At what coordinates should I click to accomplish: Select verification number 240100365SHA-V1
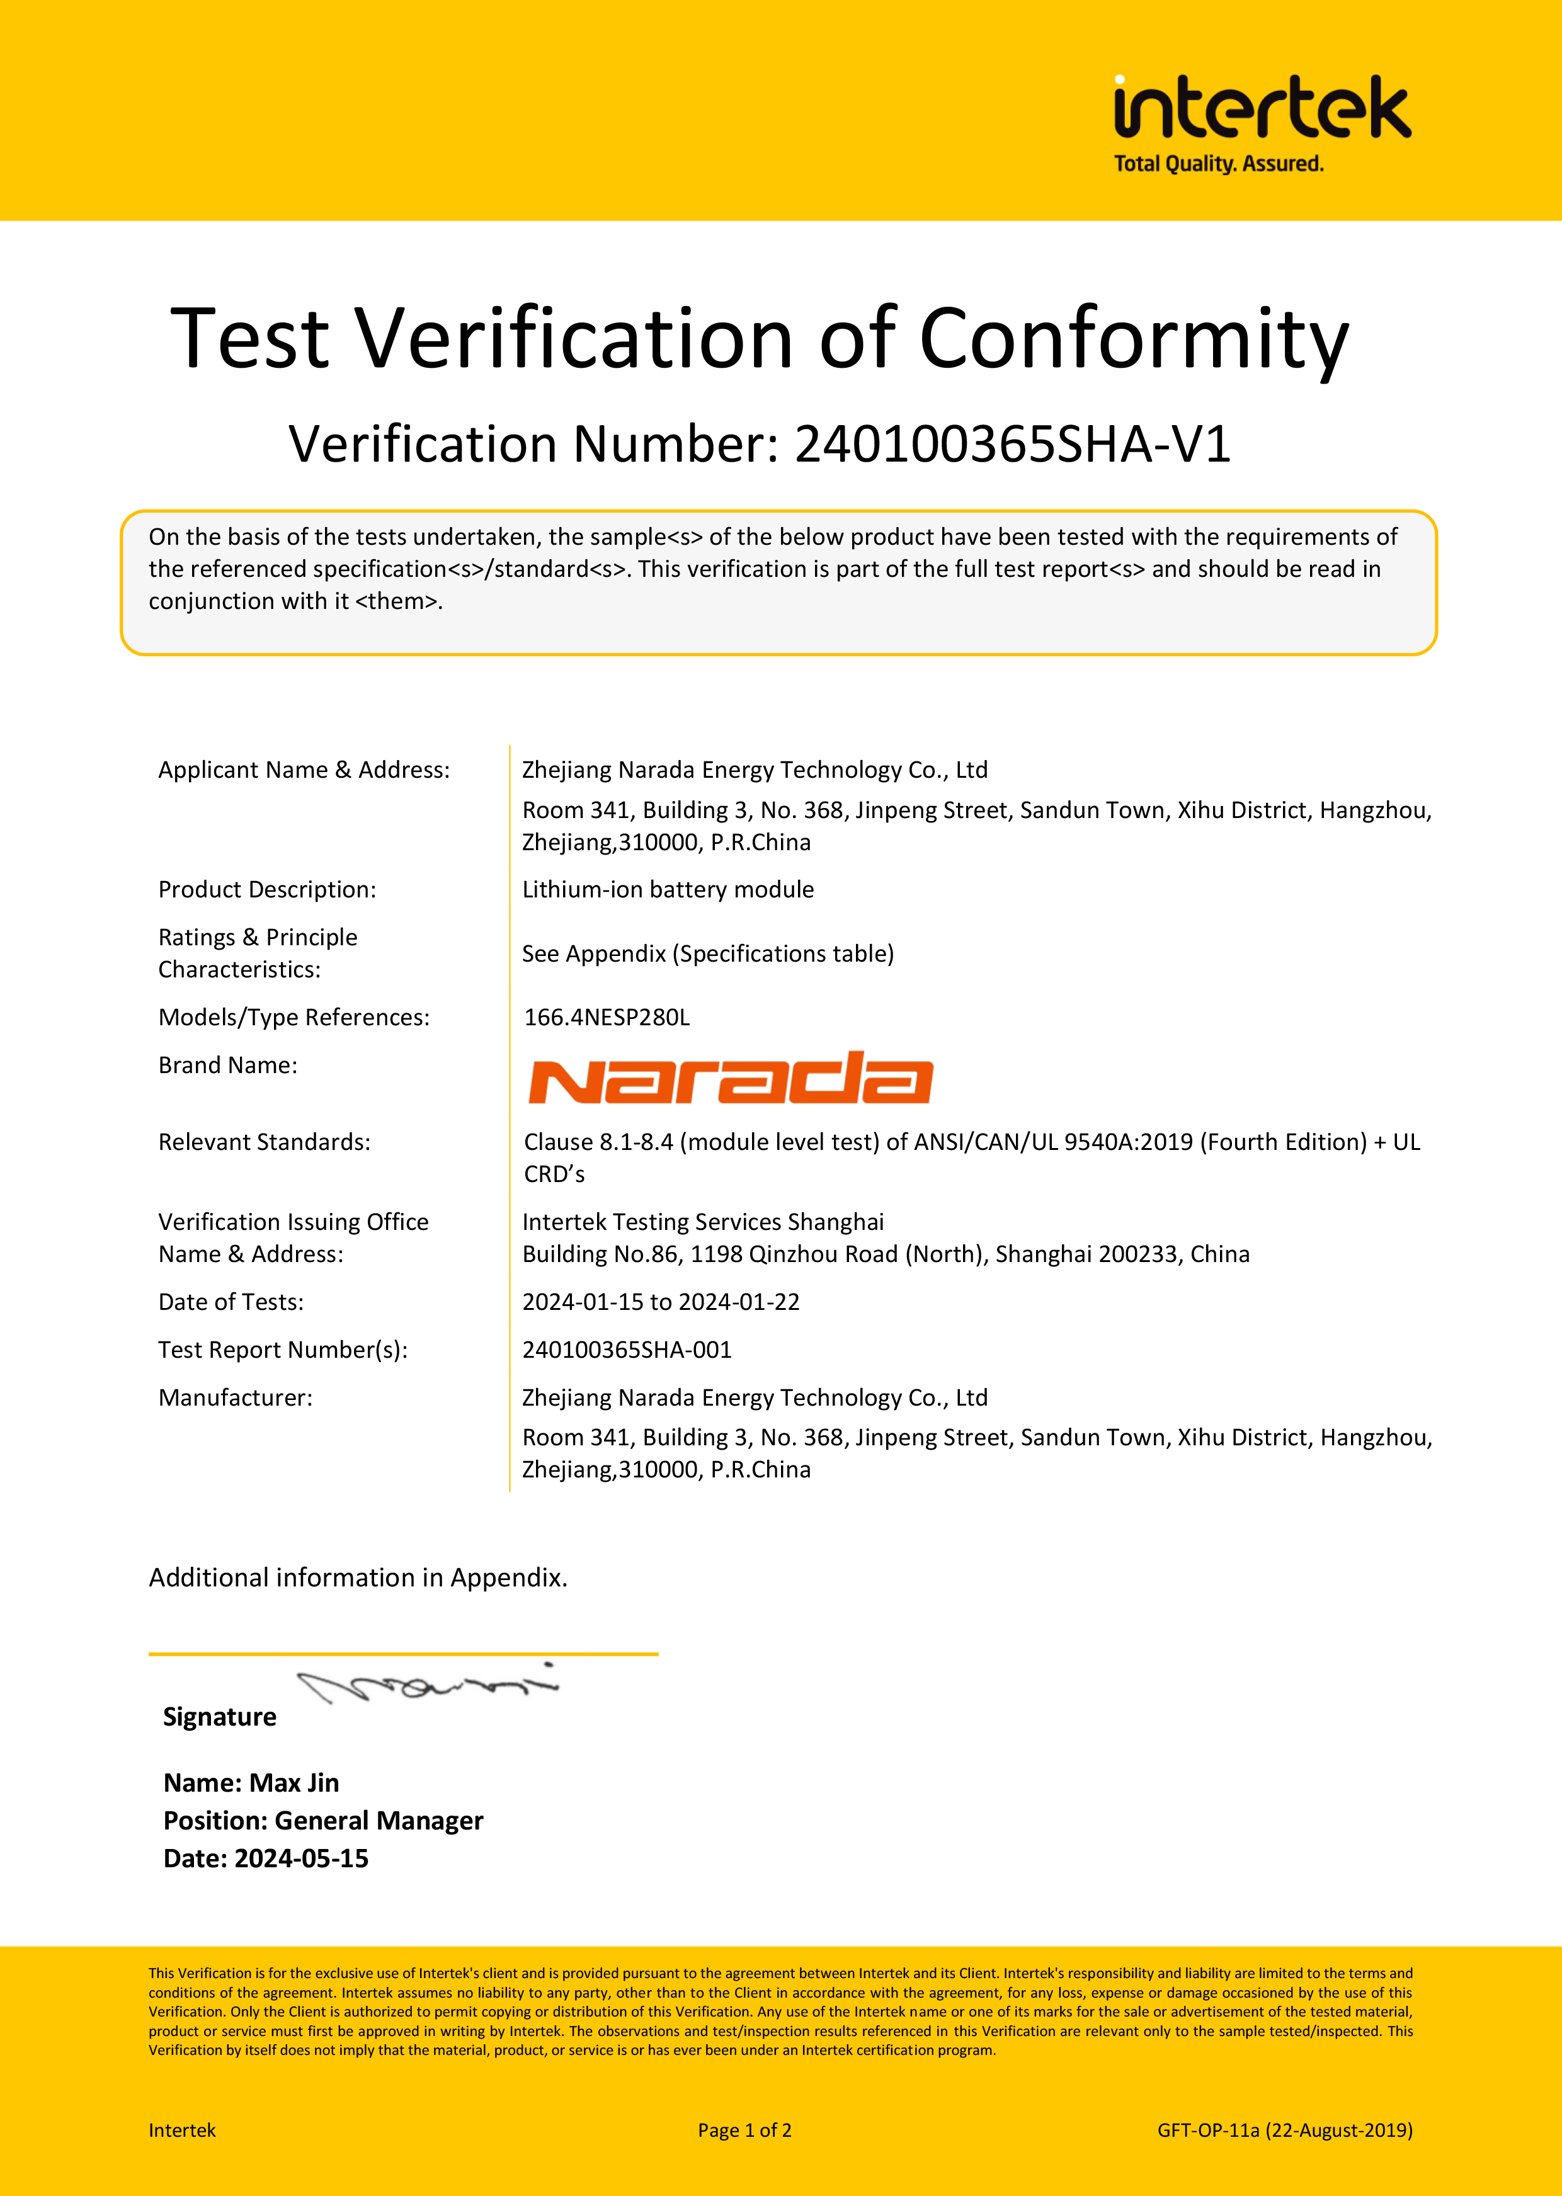click(x=1012, y=444)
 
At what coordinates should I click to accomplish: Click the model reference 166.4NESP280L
click(x=607, y=1017)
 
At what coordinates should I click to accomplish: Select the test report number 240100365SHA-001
click(x=627, y=1350)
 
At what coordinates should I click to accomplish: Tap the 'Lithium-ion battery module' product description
click(x=668, y=889)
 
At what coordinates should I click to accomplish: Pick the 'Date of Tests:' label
click(x=231, y=1302)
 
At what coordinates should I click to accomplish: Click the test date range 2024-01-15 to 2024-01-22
click(x=661, y=1302)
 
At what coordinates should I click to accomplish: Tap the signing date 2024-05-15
click(x=301, y=1858)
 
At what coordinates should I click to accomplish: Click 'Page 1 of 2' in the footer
click(x=744, y=2131)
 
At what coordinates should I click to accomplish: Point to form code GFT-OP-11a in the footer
click(x=1208, y=2131)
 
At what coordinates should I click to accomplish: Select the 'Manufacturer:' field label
click(x=236, y=1398)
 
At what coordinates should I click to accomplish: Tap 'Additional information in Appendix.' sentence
click(x=358, y=1578)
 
